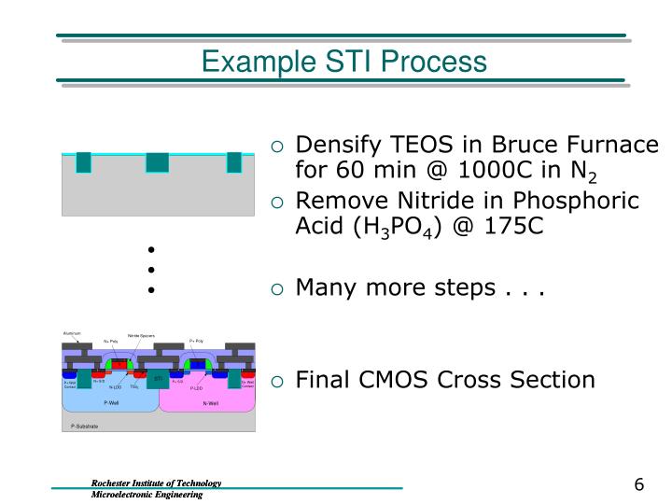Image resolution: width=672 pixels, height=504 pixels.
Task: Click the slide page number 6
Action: click(639, 484)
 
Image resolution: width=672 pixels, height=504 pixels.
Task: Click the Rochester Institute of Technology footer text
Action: click(155, 483)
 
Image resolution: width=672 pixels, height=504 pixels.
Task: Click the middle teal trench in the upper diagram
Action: click(157, 162)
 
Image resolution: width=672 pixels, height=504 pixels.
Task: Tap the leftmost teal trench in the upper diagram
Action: click(84, 162)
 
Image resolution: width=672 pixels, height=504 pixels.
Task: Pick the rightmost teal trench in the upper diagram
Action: click(233, 162)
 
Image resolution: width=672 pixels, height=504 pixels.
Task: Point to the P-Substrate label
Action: click(84, 427)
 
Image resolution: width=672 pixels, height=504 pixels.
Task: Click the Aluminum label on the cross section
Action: click(72, 333)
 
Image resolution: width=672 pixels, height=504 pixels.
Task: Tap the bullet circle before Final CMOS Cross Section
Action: click(277, 380)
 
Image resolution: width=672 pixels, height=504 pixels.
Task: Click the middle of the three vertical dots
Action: click(149, 271)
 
